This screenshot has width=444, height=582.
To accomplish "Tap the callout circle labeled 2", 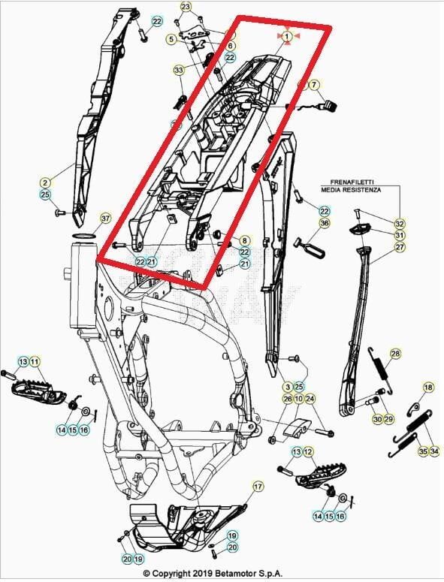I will pyautogui.click(x=45, y=182).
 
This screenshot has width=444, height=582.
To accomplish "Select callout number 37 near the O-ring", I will pyautogui.click(x=105, y=219).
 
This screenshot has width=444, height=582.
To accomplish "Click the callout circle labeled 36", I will pyautogui.click(x=325, y=223).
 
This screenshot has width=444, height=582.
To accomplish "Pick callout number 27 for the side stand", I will pyautogui.click(x=400, y=247).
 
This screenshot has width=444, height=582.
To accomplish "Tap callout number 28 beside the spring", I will pyautogui.click(x=395, y=354).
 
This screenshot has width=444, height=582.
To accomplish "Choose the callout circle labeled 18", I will pyautogui.click(x=428, y=387).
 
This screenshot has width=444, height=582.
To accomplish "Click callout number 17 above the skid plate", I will pyautogui.click(x=258, y=487).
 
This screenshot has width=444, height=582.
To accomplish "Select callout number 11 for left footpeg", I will pyautogui.click(x=35, y=362).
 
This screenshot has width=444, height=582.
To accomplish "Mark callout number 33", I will pyautogui.click(x=178, y=70).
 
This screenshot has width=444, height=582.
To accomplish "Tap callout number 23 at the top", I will pyautogui.click(x=186, y=7).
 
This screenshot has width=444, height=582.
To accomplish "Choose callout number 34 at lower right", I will pyautogui.click(x=436, y=451).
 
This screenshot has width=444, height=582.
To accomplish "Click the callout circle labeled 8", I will pyautogui.click(x=244, y=240).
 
